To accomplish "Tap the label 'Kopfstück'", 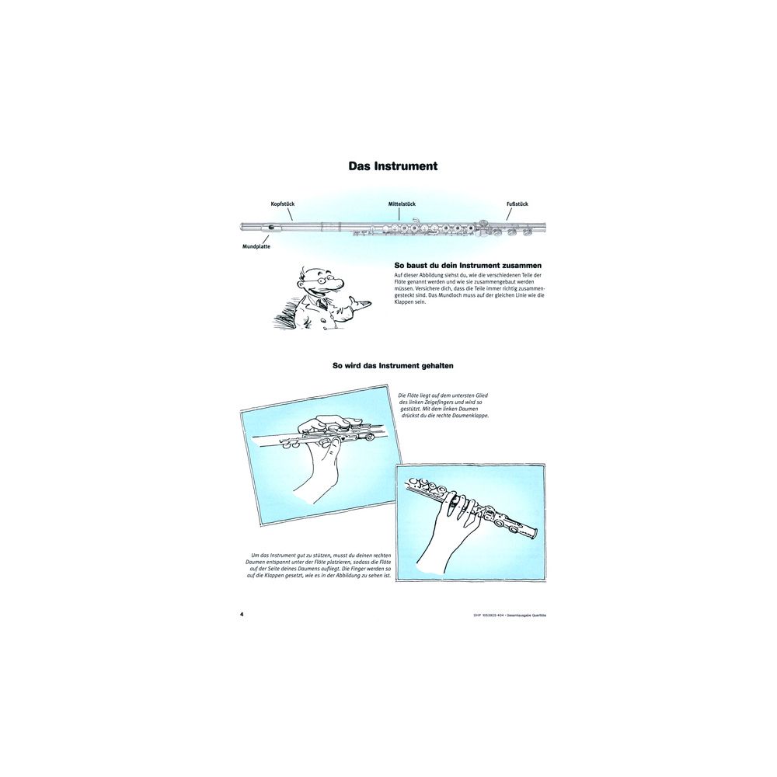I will click(283, 204).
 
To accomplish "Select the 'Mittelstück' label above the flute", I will click(402, 204).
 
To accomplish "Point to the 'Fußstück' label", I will click(517, 204).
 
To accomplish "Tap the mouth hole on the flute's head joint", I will click(272, 227).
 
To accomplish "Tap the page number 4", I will click(242, 614).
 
